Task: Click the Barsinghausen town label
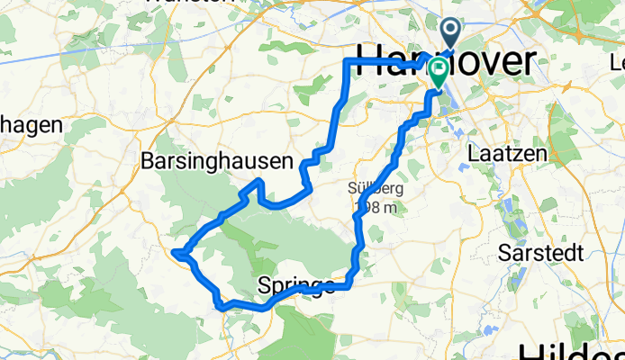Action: click(217, 162)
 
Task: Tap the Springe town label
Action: click(296, 286)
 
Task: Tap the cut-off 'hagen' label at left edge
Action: click(28, 125)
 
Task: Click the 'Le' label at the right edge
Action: click(616, 64)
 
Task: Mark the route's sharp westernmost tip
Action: click(176, 253)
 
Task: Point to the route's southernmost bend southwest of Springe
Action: click(222, 306)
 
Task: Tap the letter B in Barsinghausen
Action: click(148, 162)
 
